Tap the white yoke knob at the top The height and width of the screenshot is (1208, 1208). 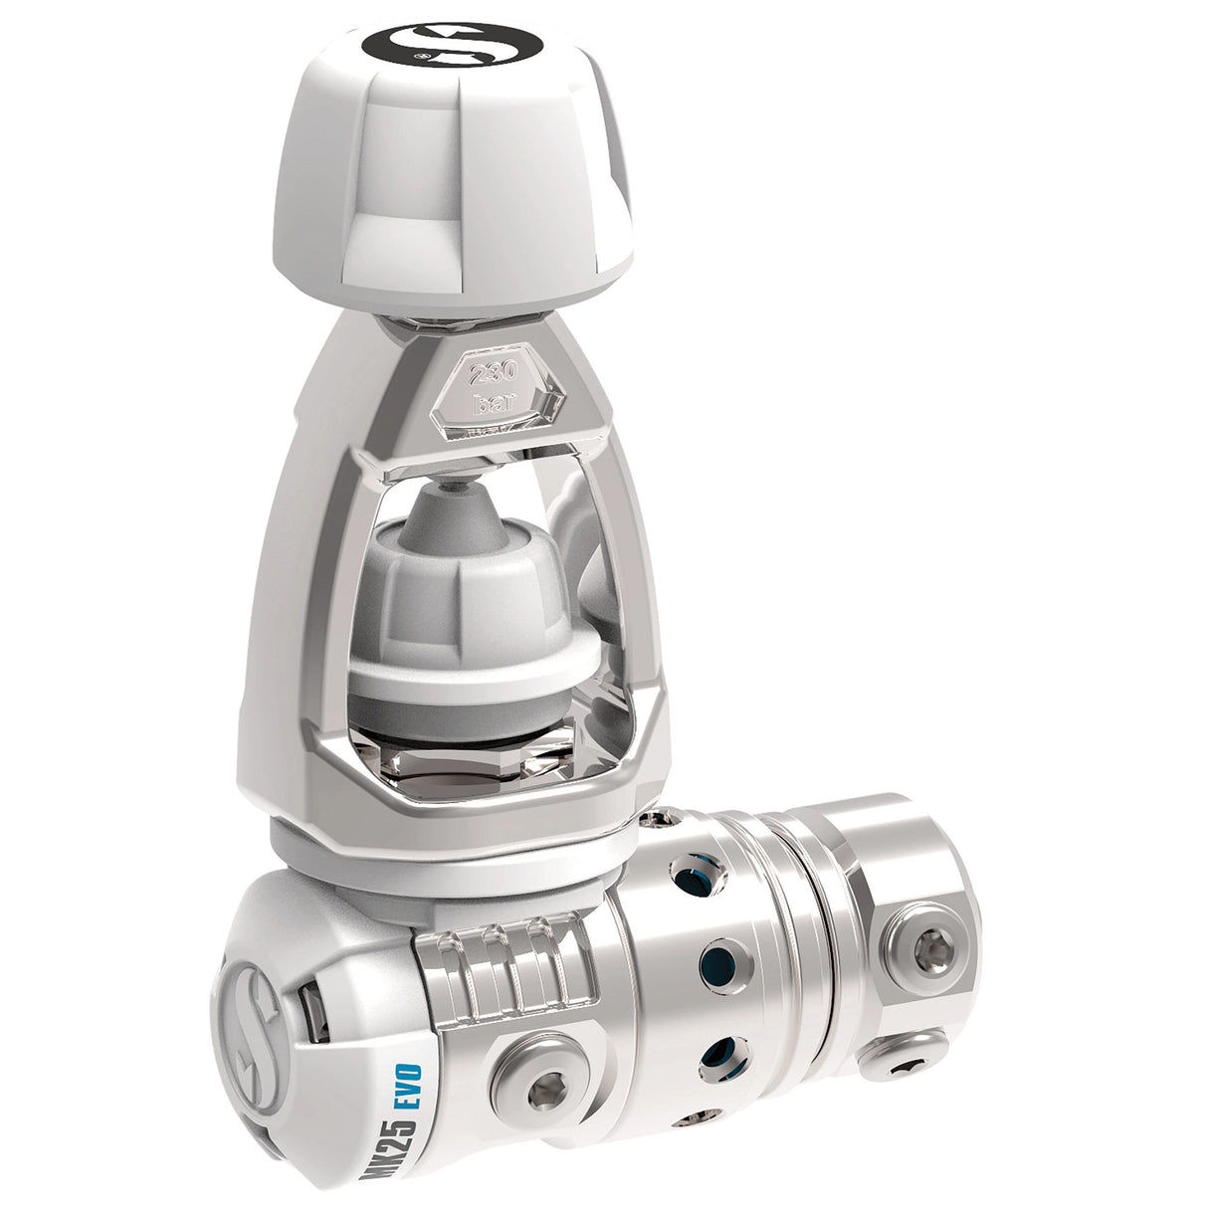(x=453, y=169)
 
